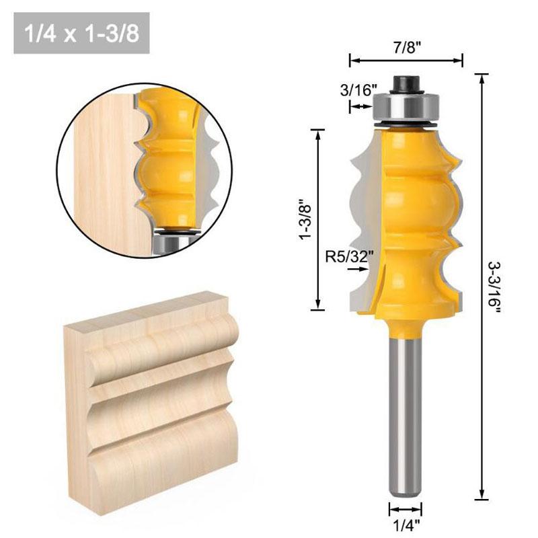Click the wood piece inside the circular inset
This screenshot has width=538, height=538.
tap(101, 175)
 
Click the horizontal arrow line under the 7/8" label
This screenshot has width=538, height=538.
tap(406, 61)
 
